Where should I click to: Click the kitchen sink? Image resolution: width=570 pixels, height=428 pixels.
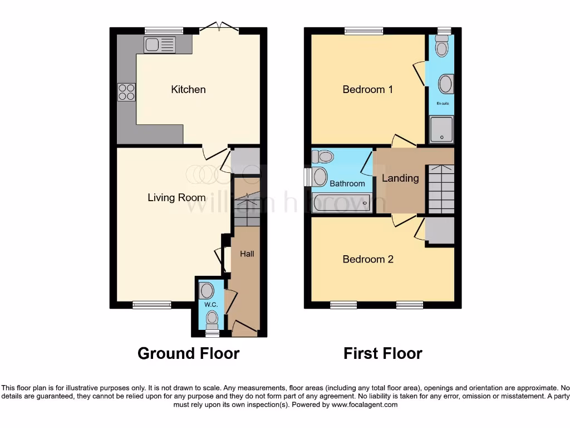tap(160, 45)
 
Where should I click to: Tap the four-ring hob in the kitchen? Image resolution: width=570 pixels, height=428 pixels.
tap(126, 92)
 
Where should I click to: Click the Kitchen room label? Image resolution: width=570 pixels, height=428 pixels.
tap(188, 89)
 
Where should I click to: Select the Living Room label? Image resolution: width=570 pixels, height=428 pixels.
tap(176, 197)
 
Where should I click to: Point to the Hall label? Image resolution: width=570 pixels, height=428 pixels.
tap(247, 254)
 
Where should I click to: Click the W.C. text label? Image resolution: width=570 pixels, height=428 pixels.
tap(210, 305)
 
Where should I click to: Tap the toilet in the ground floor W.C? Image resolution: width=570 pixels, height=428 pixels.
tap(212, 319)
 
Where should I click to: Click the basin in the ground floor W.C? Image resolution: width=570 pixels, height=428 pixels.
tap(207, 290)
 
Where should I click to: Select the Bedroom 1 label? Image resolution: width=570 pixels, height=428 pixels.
tap(367, 89)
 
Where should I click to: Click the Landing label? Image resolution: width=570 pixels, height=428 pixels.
tap(400, 178)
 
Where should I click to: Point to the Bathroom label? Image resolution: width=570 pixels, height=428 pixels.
tap(347, 183)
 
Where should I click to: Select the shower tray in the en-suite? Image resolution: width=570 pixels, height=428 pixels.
tap(441, 129)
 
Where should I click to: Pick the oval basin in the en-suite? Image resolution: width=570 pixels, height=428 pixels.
tap(445, 84)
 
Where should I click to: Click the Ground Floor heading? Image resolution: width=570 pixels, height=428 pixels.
tap(188, 353)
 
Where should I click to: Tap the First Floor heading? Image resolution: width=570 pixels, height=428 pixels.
tap(383, 353)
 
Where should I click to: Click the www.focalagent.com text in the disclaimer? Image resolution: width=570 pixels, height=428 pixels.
tap(364, 405)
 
